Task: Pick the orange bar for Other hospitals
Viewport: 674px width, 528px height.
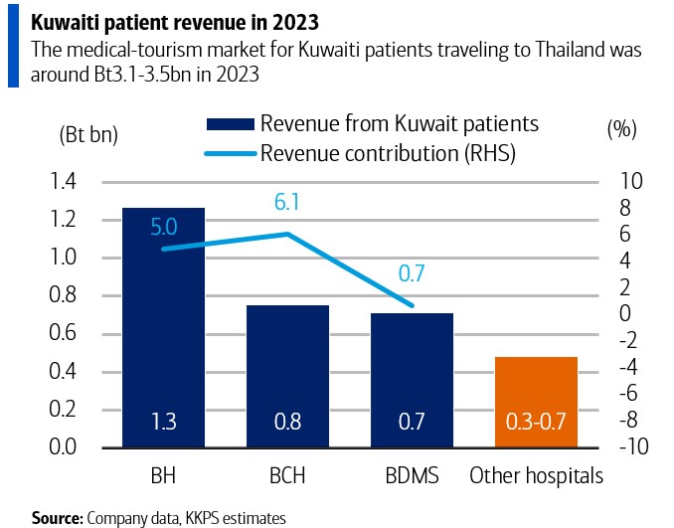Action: (536, 402)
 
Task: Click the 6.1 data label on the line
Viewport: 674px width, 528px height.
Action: (287, 204)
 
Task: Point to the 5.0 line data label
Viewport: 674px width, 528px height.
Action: (164, 228)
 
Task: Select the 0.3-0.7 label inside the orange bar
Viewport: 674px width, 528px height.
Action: (536, 423)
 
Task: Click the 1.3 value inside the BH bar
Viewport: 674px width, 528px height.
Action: (163, 423)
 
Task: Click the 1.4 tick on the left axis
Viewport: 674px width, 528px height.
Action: (63, 181)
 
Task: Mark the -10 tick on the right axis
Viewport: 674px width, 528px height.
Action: (632, 447)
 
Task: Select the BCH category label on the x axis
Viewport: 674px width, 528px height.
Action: (287, 476)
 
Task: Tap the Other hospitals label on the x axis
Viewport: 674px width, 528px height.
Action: (536, 476)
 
